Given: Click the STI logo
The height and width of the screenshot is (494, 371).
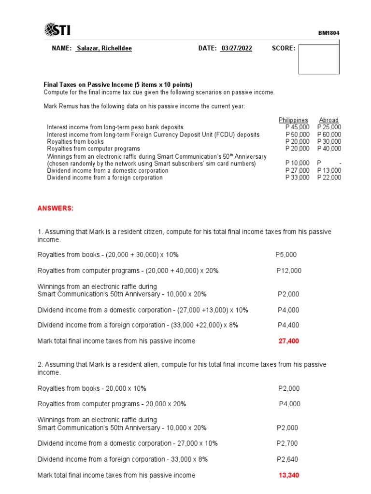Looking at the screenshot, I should coord(57,30).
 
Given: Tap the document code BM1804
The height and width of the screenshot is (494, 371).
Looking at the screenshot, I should coord(328,33).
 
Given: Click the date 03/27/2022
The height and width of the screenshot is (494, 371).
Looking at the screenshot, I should coord(236,48).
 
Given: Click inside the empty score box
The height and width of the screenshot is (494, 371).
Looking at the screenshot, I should coord(318,59).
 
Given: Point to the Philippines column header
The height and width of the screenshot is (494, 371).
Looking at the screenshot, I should coord(293,120).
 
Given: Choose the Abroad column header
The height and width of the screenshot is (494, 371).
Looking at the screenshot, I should coord(328,120).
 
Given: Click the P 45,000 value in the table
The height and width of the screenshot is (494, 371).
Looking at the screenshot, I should coord(297,127).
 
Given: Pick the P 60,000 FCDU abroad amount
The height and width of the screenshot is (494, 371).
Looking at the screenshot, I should coord(329,135).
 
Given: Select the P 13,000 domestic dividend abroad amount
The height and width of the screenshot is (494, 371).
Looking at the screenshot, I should coord(329,170).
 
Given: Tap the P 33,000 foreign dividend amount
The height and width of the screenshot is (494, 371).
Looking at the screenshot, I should coord(297,178).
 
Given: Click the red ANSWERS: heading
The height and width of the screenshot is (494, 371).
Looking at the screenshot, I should coord(56,208).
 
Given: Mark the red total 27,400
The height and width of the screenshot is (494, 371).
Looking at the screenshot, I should coord(288,341).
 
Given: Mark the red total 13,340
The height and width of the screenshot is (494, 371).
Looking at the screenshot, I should coord(289,475).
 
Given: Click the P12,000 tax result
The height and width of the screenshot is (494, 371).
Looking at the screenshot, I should coord(288,271).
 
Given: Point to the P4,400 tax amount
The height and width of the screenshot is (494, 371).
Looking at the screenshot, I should coord(288,325).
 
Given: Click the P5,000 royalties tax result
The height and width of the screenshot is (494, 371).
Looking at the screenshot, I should coord(286,254).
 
